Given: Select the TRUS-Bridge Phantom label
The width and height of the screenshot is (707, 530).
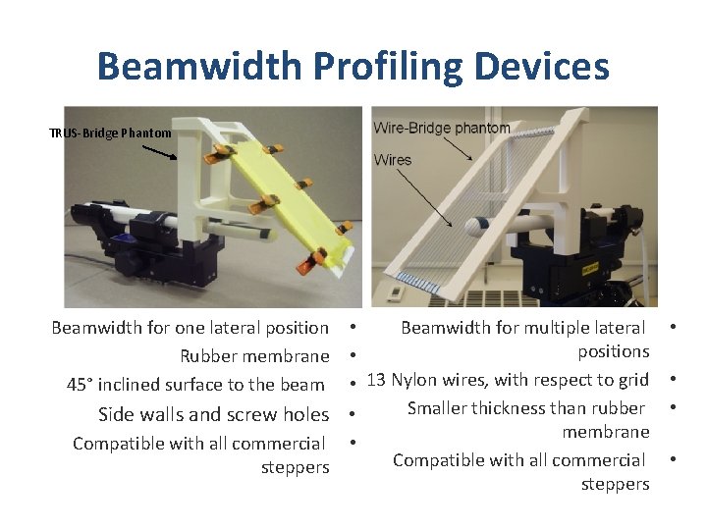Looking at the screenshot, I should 110,132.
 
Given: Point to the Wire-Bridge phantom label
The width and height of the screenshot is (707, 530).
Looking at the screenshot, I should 442,128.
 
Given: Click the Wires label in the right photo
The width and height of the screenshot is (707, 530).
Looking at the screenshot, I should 393,159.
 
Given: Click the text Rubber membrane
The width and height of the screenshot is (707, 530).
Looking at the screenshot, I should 254,355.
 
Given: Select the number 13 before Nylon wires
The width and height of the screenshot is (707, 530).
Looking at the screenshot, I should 377,380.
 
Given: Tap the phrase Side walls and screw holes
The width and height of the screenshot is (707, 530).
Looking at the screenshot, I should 213,414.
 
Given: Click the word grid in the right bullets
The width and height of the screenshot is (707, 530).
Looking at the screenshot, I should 631,380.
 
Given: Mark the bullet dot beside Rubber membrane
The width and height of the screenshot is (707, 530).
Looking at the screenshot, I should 352,355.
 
